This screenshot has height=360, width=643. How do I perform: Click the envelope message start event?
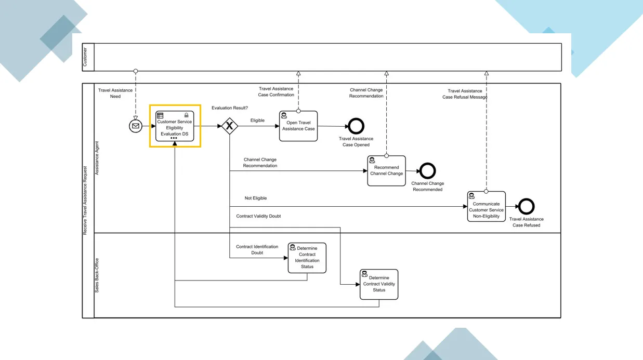(x=136, y=126)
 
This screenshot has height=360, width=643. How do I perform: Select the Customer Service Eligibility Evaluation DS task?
(x=175, y=126)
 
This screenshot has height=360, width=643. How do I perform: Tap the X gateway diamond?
(x=229, y=126)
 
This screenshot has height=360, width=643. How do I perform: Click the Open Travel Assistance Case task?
(x=298, y=126)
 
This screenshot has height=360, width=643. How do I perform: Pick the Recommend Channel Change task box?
(x=386, y=171)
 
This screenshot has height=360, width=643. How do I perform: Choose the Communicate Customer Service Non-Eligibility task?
(x=486, y=206)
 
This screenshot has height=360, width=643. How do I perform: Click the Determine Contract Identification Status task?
(x=307, y=258)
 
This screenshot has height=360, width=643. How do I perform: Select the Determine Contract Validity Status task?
(x=379, y=284)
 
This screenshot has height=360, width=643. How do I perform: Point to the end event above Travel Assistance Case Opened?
(x=356, y=126)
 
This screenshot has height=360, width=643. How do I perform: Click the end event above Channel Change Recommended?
(x=427, y=171)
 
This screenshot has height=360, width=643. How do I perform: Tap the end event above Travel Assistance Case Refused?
(x=527, y=207)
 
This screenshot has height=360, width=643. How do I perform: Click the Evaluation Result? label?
(x=230, y=108)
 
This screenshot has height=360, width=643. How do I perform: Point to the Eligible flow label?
(x=257, y=121)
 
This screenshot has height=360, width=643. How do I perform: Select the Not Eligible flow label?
(x=256, y=198)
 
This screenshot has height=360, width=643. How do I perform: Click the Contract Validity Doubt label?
(x=258, y=216)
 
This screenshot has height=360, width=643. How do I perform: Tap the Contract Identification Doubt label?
(x=257, y=250)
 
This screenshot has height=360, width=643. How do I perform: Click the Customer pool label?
(x=86, y=57)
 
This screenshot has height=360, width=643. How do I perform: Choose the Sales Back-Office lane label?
(x=96, y=275)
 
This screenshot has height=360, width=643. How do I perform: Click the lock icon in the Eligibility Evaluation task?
(x=186, y=115)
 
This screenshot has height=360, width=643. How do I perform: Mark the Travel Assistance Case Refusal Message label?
(x=465, y=94)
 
